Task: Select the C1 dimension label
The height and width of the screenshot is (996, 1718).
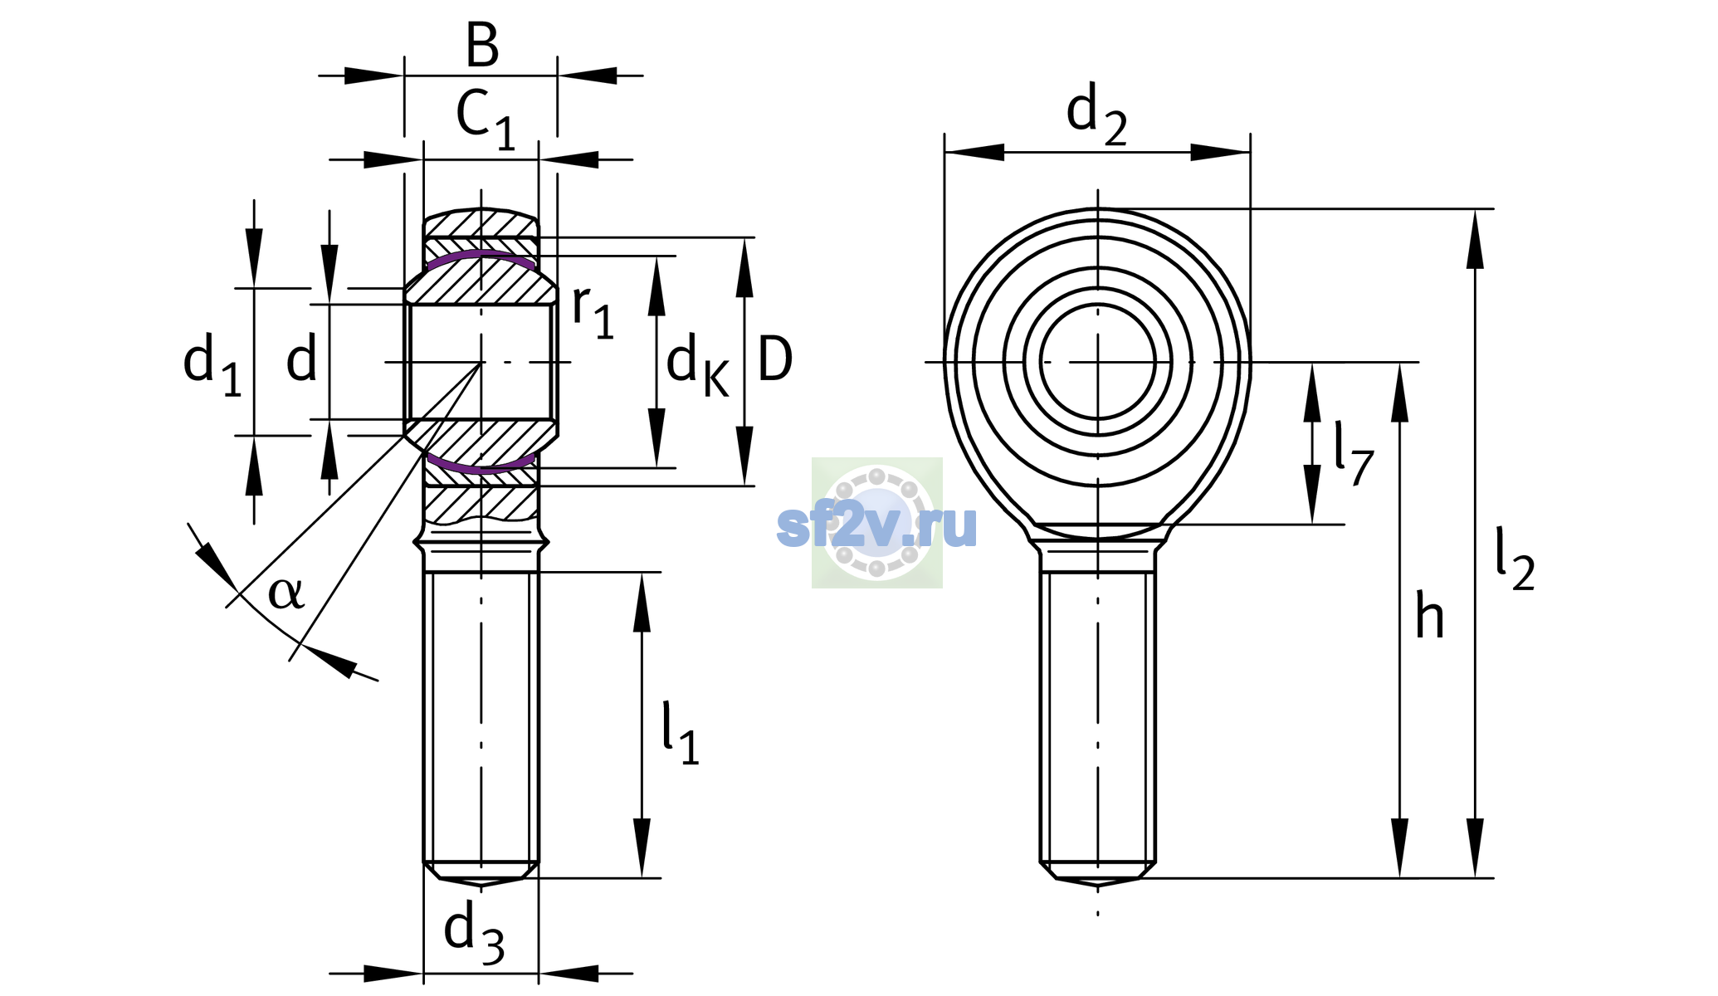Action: [486, 120]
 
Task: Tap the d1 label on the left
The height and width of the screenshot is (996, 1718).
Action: [212, 365]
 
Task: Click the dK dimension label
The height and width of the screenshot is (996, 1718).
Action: [697, 367]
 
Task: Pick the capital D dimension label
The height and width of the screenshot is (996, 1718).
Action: [775, 359]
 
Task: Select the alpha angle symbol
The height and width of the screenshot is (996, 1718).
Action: [286, 593]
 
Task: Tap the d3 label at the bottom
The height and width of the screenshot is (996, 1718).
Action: [474, 934]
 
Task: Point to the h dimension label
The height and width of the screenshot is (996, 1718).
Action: [1430, 616]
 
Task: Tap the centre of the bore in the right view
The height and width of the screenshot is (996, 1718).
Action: [1098, 362]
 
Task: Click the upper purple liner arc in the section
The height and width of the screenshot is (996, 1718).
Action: [481, 256]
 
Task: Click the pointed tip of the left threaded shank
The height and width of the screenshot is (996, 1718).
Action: [481, 884]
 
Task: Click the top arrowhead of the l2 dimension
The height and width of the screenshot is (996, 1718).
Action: [1475, 239]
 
